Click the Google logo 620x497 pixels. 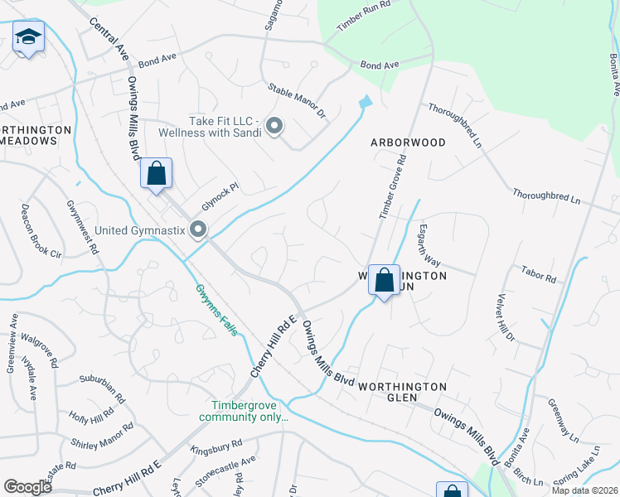27,487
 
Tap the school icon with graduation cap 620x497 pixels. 28,37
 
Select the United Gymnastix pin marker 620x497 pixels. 197,229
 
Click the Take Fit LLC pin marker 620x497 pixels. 274,126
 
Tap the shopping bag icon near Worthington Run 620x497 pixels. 385,280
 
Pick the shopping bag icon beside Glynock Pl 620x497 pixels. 156,174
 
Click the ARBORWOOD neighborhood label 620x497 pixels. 408,142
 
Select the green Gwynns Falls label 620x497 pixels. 218,310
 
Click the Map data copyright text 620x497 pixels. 585,490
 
